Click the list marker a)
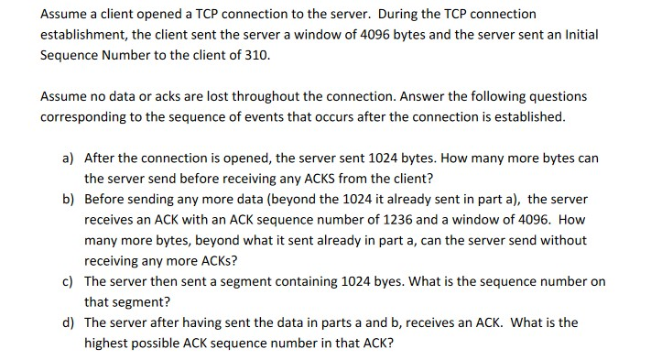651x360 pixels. [x=69, y=158]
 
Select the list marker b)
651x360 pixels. [x=69, y=199]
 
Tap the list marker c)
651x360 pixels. [x=69, y=281]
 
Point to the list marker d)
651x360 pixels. [x=69, y=322]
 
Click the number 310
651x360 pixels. [x=260, y=55]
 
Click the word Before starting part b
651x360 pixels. [x=104, y=199]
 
